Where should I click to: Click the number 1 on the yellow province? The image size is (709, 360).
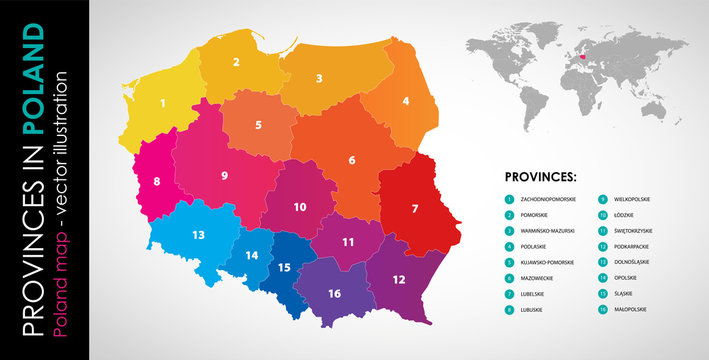[162, 102]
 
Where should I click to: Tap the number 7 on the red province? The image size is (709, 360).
[414, 209]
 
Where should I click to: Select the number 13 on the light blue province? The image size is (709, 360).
[199, 235]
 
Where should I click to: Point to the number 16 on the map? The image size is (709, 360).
[334, 293]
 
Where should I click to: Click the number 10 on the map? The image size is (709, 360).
[299, 207]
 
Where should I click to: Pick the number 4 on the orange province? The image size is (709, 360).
[405, 101]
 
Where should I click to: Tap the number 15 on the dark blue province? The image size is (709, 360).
[284, 267]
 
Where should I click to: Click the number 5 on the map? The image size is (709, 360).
[259, 125]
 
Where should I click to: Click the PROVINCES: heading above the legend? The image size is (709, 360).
[541, 176]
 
